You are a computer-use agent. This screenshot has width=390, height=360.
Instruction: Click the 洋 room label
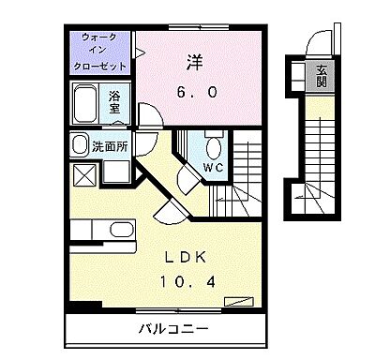coord(193,65)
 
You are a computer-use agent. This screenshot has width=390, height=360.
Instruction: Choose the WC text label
coord(212,167)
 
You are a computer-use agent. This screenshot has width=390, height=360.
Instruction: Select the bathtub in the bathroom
coord(85,103)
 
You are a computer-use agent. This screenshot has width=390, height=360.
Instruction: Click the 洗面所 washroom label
coord(110,146)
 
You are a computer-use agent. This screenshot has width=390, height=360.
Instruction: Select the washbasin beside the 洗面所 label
coord(78,145)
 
